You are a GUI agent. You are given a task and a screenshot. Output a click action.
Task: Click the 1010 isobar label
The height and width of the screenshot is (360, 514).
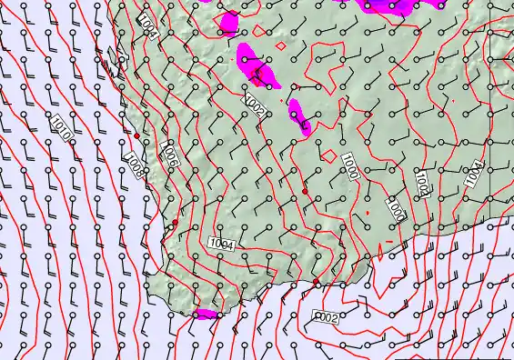coord(61,127)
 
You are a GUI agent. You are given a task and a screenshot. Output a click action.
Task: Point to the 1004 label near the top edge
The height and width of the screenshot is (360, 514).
coord(147,26)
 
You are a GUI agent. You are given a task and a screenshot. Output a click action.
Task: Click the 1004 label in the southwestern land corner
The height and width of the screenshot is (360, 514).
coord(222,243)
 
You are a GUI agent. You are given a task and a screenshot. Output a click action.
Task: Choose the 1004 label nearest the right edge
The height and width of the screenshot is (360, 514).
coord(473,173)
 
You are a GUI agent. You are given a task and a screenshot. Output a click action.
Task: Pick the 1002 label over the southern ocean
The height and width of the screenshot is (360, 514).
coord(326,317)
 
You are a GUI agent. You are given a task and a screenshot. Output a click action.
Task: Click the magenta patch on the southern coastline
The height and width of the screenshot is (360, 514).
coord(206,314)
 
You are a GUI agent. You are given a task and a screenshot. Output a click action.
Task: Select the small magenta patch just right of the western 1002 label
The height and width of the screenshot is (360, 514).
coord(298,115)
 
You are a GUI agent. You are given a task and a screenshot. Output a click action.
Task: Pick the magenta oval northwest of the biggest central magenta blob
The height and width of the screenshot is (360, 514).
coord(227,23)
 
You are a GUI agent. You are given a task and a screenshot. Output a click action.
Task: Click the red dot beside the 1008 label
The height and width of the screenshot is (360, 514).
coord(136,135)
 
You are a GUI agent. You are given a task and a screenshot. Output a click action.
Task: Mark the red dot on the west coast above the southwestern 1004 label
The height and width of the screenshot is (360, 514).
coord(175,222)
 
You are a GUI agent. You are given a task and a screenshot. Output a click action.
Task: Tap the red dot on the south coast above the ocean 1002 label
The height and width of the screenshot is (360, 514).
coord(317,283)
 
